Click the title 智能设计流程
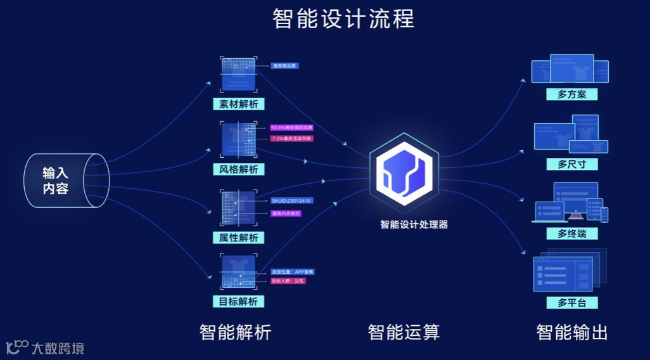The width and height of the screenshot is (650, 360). [343, 18]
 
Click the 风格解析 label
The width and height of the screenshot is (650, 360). [238, 169]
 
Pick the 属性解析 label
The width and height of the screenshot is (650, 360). [238, 238]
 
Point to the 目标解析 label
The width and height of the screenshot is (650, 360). [238, 302]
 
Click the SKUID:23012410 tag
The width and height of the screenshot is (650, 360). [291, 201]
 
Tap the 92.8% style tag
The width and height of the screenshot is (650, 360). [291, 127]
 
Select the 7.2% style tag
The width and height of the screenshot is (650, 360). [291, 138]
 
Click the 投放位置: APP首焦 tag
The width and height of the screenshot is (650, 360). [293, 272]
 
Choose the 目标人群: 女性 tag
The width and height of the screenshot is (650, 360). [288, 281]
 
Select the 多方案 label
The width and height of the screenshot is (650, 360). [572, 95]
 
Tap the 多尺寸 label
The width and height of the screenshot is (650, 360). [572, 165]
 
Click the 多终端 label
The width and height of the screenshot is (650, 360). [572, 233]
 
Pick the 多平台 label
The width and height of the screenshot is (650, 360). [572, 302]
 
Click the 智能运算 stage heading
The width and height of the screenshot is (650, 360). [404, 331]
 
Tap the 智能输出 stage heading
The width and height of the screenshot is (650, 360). [572, 331]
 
